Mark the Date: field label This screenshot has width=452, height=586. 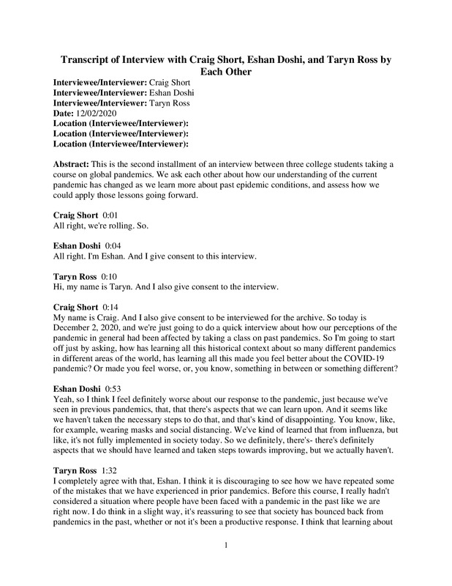(67, 112)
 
